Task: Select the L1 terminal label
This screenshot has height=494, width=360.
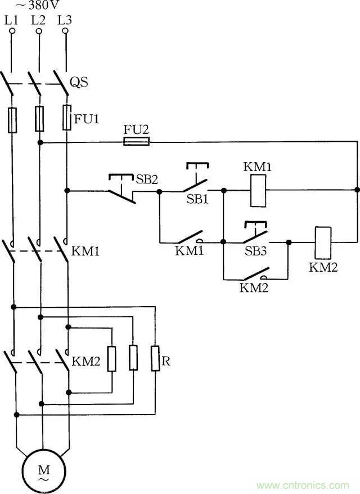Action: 11,20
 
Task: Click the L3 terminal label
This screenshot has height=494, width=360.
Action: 65,20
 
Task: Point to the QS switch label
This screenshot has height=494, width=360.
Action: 79,83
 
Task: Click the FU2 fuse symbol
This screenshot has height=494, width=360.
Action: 136,142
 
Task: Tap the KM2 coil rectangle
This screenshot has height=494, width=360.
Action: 323,242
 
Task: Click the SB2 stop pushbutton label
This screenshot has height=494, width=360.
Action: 147,179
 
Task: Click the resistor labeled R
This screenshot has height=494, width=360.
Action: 155,358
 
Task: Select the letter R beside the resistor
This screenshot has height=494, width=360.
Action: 166,361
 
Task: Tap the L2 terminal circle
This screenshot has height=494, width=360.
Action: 38,32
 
